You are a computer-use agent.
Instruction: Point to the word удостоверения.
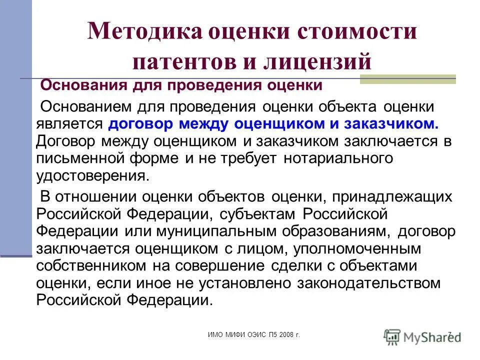93,176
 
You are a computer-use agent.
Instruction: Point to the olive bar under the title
407,79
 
